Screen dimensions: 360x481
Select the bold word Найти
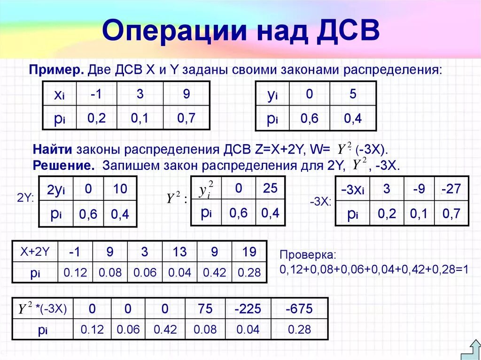(52, 150)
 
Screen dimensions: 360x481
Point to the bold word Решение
(62, 166)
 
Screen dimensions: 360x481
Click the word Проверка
(308, 255)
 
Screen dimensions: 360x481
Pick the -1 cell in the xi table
(96, 94)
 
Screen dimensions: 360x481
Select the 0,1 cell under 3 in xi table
(140, 118)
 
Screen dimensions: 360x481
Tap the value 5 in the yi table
(353, 94)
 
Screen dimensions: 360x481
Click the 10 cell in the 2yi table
(120, 189)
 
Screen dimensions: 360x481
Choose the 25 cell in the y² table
(270, 188)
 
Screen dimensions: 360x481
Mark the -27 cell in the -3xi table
(451, 189)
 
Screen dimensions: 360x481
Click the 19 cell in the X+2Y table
(249, 252)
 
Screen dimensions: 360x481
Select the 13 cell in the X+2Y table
(179, 252)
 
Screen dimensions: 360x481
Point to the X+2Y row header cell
(35, 252)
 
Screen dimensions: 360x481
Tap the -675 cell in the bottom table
(299, 309)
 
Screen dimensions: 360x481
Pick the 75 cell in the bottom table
(205, 309)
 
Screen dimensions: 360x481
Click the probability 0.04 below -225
(248, 329)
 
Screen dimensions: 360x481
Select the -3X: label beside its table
(321, 202)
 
